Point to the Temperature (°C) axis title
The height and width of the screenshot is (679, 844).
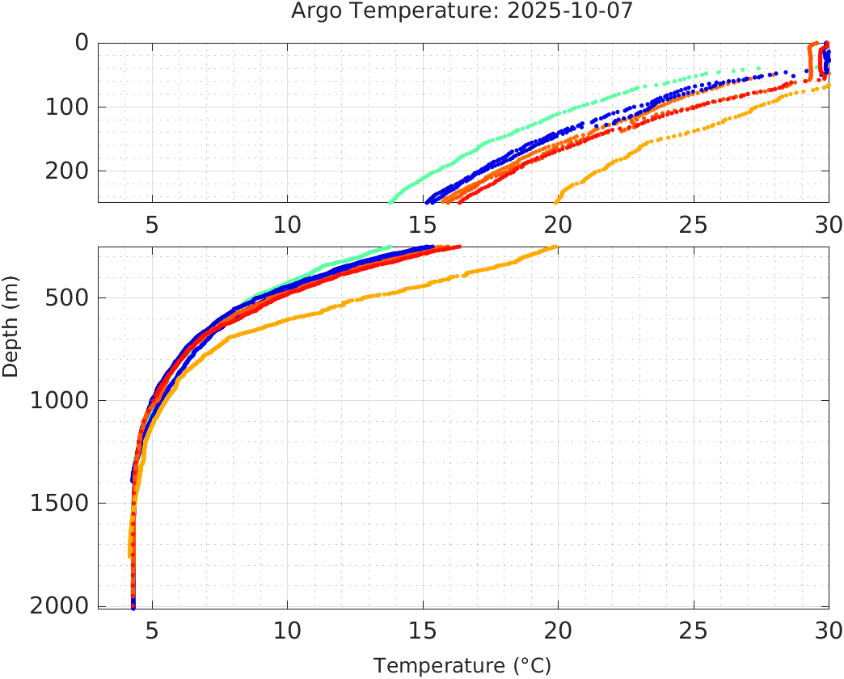point(462,666)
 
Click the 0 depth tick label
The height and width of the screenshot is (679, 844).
point(81,42)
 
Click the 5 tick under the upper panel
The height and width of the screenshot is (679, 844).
point(152,224)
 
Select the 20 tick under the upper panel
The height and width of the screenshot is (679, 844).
point(557,224)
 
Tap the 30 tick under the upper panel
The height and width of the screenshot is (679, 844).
point(827,224)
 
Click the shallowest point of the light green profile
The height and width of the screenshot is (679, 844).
point(759,68)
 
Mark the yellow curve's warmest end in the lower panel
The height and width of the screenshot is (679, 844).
point(555,247)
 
